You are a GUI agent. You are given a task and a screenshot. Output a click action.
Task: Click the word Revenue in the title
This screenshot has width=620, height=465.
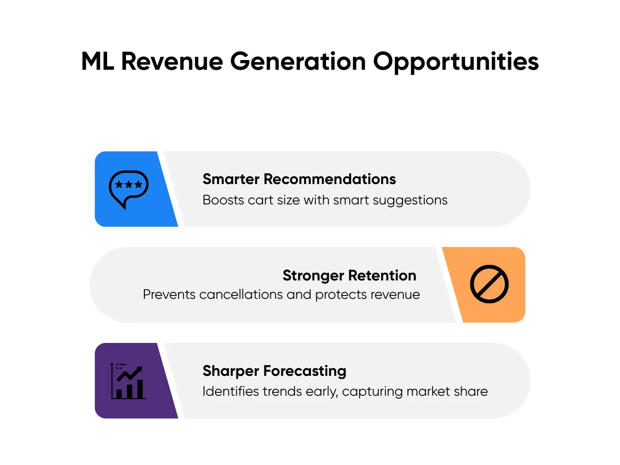172,61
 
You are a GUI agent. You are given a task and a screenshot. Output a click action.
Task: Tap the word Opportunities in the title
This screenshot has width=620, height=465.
456,62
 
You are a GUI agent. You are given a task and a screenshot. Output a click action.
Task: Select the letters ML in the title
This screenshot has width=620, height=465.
97,61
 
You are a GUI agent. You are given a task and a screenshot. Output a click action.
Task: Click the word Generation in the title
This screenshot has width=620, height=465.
298,61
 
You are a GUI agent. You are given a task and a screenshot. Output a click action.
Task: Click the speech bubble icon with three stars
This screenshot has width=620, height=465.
128,189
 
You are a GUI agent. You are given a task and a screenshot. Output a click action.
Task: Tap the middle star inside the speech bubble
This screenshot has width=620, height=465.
128,185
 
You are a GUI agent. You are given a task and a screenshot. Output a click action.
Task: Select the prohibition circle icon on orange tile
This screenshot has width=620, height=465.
489,284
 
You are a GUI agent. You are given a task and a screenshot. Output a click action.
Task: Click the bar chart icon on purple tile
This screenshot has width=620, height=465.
128,381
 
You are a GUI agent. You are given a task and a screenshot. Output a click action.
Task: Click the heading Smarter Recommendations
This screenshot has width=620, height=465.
299,179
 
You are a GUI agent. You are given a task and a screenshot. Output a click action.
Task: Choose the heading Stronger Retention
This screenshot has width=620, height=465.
349,276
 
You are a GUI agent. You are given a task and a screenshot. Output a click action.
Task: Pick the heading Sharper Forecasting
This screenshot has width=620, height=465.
274,371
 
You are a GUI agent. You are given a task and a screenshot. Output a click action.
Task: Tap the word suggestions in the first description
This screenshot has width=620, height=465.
410,201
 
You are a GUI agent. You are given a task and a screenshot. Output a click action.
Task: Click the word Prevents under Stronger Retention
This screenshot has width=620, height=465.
169,294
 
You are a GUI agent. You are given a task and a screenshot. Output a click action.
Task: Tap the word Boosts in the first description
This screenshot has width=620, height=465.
223,200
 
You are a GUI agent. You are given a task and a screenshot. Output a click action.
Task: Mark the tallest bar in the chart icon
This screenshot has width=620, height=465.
140,389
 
